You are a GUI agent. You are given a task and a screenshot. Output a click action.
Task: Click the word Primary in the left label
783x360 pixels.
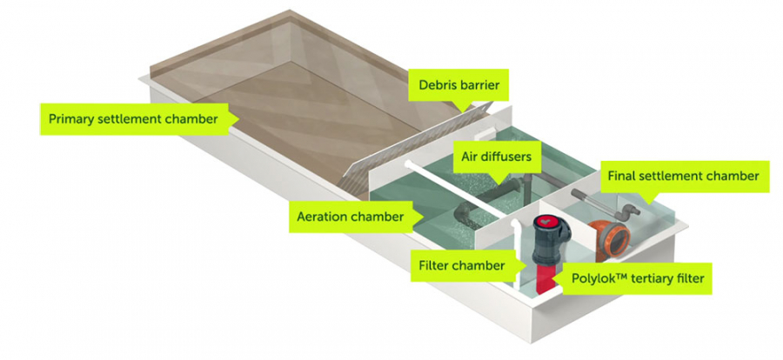(x=73, y=118)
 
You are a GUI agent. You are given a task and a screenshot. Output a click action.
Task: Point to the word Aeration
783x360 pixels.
(x=322, y=217)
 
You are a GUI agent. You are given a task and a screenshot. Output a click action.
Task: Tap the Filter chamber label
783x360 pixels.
(x=460, y=265)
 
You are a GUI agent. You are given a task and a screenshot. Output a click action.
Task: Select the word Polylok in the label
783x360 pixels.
(x=599, y=280)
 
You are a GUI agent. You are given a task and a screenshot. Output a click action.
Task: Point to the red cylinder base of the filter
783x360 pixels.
(x=544, y=278)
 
